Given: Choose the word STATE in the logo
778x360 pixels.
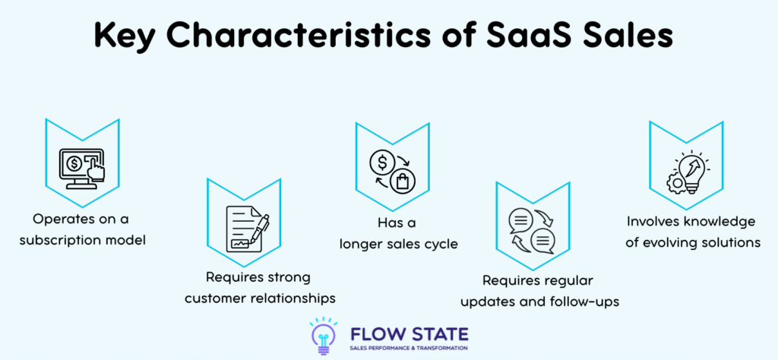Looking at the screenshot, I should tap(437, 332).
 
